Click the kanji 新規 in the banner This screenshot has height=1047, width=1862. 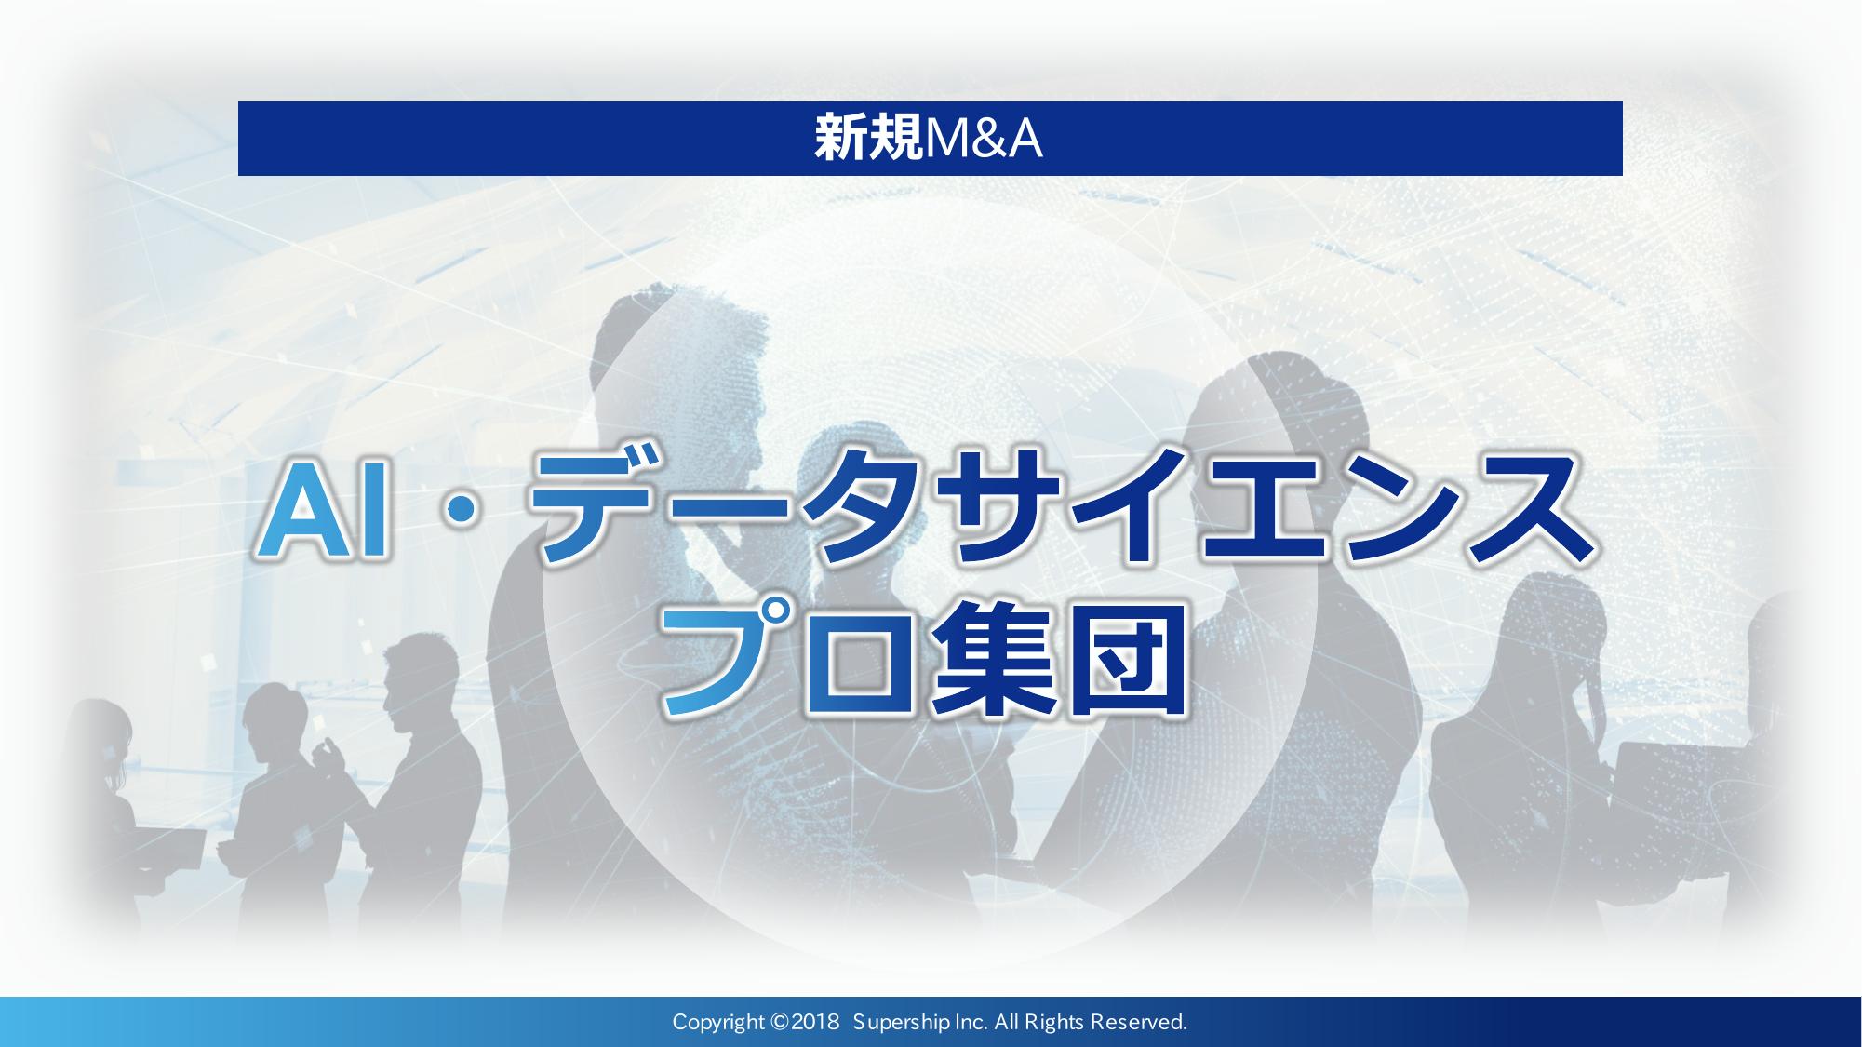click(x=867, y=139)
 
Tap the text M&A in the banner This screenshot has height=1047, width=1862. click(x=982, y=139)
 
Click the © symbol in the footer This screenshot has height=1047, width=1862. click(x=780, y=1022)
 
